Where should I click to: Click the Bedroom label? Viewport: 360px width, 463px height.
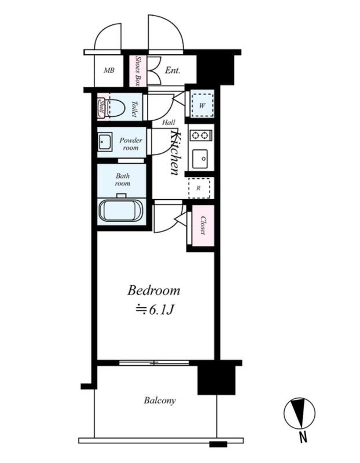pos(153,291)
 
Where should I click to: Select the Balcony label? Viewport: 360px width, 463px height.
pos(160,400)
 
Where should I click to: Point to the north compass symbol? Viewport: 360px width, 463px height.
pos(299,413)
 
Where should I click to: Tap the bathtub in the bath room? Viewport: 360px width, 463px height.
pos(121,210)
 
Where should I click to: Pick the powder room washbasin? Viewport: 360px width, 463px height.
pos(105,142)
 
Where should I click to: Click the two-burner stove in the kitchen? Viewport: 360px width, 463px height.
pos(201,135)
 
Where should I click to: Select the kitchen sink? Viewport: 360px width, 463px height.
pos(200,159)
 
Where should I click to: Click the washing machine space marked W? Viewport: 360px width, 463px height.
pos(203,105)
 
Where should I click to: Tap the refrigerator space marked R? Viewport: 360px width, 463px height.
pos(199,188)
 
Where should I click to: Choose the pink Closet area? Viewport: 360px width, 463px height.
pos(203,226)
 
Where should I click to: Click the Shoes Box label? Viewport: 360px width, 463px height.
pos(138,71)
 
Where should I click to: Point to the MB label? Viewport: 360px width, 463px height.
pos(109,70)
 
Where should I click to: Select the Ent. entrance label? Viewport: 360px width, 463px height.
pos(172,70)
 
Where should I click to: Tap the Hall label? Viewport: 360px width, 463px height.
pos(168,122)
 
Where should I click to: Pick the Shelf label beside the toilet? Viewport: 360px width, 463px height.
pos(102,107)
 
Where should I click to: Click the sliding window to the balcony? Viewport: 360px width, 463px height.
pos(154,363)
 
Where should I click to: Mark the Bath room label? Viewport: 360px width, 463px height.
pos(123,180)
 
